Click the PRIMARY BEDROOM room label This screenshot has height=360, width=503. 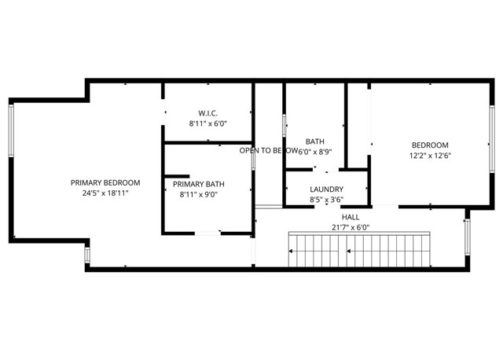click(105, 183)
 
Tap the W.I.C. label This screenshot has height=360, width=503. click(207, 113)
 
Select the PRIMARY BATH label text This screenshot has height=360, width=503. click(199, 184)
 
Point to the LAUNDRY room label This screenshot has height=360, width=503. click(327, 189)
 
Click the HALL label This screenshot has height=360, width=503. click(351, 217)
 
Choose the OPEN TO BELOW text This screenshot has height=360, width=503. click(269, 150)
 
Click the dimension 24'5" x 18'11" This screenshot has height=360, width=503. click(105, 193)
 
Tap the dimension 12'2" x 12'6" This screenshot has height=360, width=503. click(430, 156)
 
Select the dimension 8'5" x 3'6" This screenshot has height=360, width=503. click(327, 200)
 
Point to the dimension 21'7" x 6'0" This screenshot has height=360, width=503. click(351, 227)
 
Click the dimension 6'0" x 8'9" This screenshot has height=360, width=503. click(315, 152)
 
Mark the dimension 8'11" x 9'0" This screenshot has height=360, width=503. click(199, 194)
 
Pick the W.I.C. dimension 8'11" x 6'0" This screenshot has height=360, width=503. click(207, 123)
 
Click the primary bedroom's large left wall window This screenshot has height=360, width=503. click(11, 130)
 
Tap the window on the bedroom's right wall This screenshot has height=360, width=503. click(492, 139)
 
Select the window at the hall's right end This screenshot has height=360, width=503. click(468, 237)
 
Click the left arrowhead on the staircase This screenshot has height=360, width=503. click(291, 252)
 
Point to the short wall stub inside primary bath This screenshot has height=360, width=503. click(177, 176)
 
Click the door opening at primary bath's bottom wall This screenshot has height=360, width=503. click(207, 233)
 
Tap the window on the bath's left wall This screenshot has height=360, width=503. click(284, 126)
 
